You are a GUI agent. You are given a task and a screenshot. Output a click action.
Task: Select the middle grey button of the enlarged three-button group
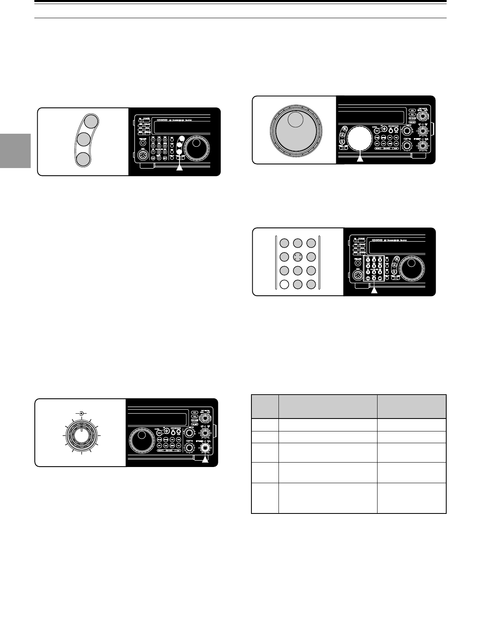pyautogui.click(x=83, y=140)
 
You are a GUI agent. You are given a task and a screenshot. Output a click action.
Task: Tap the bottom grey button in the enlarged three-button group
pyautogui.click(x=83, y=159)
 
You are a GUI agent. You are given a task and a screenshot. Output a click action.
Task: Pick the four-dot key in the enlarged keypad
pyautogui.click(x=297, y=257)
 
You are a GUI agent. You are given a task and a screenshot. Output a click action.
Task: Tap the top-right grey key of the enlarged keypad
pyautogui.click(x=311, y=243)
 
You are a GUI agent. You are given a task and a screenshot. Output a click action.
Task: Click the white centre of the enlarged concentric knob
pyautogui.click(x=82, y=437)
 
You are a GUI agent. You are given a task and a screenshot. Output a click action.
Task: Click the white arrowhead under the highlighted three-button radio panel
pyautogui.click(x=180, y=168)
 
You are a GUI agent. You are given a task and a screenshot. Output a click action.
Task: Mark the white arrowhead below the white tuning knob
pyautogui.click(x=360, y=158)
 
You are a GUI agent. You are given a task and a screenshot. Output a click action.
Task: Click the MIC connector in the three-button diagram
pyautogui.click(x=143, y=155)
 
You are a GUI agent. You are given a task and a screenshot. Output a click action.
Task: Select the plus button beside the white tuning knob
pyautogui.click(x=384, y=129)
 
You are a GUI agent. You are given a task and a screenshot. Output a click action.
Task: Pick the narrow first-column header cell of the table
pyautogui.click(x=265, y=406)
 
